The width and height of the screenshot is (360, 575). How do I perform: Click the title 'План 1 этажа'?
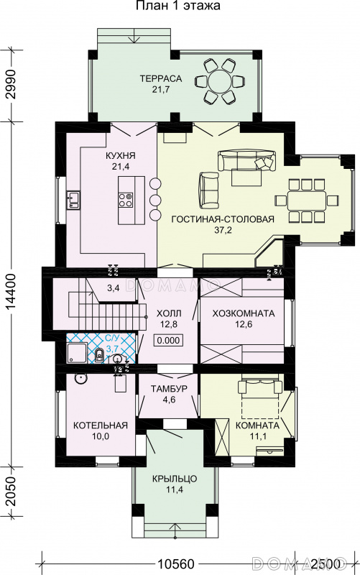[x=178, y=6]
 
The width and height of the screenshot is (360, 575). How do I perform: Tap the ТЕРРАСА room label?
[x=156, y=78]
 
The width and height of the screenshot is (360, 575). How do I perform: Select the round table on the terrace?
[x=220, y=81]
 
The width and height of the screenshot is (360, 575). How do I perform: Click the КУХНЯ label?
[x=120, y=156]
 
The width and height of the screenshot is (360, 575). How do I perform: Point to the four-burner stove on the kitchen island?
[x=126, y=200]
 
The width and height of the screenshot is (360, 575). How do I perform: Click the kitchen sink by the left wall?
[x=73, y=200]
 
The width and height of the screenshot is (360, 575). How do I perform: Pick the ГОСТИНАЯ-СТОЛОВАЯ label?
[x=223, y=219]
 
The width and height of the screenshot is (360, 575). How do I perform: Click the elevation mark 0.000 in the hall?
[x=169, y=340]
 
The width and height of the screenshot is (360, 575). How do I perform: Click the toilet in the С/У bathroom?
[x=99, y=355]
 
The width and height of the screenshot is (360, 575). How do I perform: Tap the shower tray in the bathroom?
[x=77, y=352]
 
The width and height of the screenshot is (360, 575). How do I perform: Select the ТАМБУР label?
[x=169, y=389]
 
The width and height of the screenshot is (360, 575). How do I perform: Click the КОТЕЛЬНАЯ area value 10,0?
[x=101, y=436]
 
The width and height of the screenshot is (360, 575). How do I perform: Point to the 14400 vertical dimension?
[x=11, y=293]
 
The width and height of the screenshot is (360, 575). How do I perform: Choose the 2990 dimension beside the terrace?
[x=11, y=84]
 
